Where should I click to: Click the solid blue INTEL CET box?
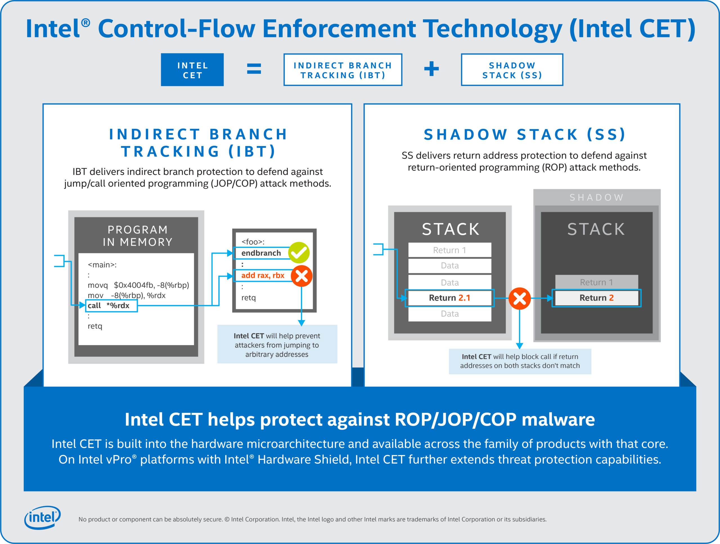point(192,70)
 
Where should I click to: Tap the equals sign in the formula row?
point(254,69)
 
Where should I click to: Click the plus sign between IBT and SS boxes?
point(431,69)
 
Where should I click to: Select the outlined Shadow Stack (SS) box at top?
point(512,70)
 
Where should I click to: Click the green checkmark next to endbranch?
point(299,253)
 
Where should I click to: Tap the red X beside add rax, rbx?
point(301,276)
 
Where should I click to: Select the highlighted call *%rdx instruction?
point(111,306)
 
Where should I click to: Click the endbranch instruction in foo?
point(261,253)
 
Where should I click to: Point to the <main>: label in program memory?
point(102,265)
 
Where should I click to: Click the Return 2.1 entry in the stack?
point(449,298)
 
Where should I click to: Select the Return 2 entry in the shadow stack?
point(596,298)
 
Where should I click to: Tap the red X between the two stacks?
point(519,298)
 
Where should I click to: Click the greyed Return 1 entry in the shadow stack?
point(596,282)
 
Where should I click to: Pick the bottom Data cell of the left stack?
point(449,314)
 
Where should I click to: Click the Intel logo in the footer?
point(42,517)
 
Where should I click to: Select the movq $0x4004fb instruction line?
point(138,285)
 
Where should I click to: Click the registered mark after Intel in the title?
point(85,23)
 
